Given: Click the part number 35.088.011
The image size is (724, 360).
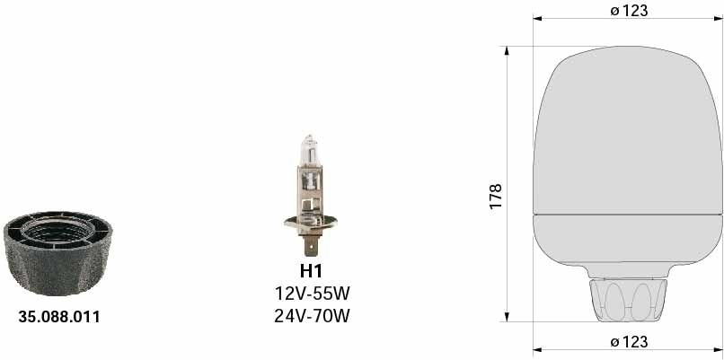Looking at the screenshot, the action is coord(59,317).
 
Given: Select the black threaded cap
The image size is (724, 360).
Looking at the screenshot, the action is coord(58,253).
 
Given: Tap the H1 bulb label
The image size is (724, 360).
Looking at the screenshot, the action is coord(311,270).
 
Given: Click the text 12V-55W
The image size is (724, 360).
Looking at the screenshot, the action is coord(310,293).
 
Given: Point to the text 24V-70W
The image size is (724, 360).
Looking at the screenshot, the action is coord(312,316).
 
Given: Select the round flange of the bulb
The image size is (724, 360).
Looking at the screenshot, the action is coord(310,224).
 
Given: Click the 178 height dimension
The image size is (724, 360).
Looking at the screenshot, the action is coord(495,197).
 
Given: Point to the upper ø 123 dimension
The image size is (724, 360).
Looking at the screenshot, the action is coord(629,10).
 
